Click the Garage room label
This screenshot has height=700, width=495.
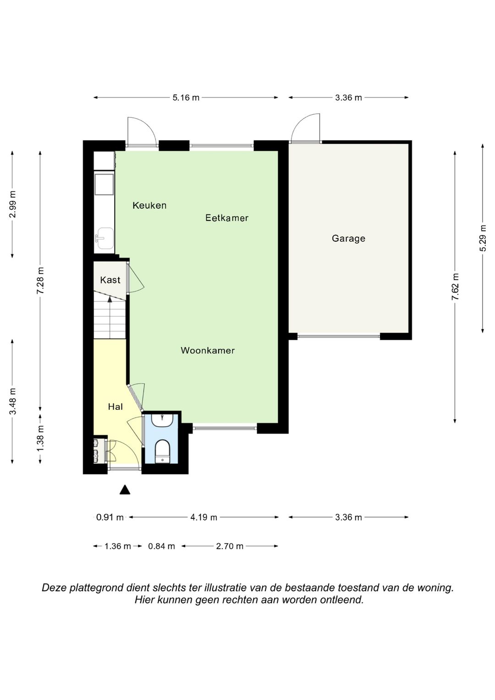click(348, 238)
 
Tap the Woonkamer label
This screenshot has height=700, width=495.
click(208, 350)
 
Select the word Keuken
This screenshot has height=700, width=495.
click(149, 205)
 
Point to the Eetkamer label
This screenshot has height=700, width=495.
click(227, 218)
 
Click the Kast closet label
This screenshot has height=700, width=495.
click(110, 280)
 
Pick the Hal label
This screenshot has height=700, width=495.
click(115, 407)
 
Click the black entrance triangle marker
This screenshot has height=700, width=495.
click(125, 490)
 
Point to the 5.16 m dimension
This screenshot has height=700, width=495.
click(186, 98)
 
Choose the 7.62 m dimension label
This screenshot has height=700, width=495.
click(455, 287)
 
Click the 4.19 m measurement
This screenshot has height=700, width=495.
click(204, 517)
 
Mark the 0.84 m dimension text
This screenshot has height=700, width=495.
click(161, 546)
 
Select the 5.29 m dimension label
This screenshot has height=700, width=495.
click(483, 238)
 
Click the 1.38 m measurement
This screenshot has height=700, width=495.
click(40, 438)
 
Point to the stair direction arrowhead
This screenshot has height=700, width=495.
click(110, 299)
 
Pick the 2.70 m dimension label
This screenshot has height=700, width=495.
click(230, 546)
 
